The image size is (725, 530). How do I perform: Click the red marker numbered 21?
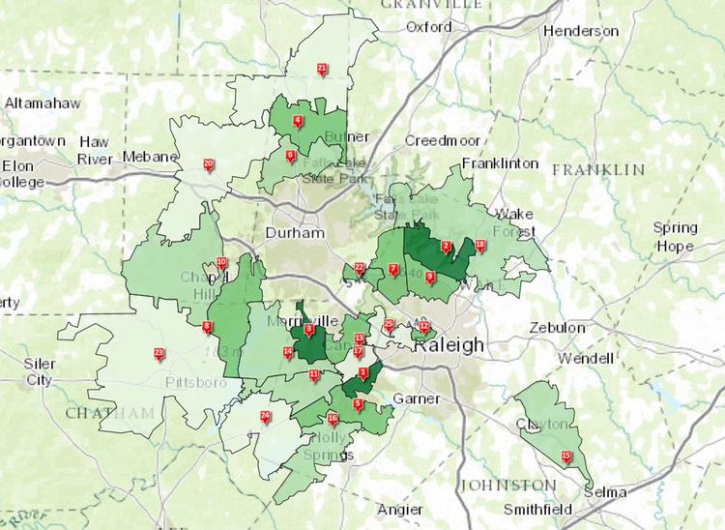[322, 68]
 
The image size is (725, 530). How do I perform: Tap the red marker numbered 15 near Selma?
[566, 456]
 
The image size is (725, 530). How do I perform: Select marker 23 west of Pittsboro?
[159, 353]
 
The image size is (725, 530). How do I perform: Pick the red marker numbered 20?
[208, 163]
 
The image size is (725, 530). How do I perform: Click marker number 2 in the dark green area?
[446, 246]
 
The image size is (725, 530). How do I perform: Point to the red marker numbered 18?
[480, 245]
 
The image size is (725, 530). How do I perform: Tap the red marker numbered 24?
[265, 416]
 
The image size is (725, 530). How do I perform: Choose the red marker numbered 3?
[309, 329]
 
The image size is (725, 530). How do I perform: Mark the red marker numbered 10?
[221, 262]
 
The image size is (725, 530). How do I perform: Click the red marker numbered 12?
[423, 326]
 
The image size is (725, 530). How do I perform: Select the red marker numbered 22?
[359, 267]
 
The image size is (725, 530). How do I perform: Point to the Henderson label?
[580, 31]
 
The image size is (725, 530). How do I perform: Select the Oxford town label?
[428, 27]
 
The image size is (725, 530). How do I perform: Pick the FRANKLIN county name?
[597, 170]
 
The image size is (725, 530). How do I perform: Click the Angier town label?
[399, 510]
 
